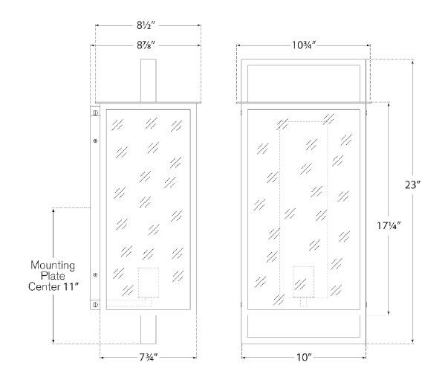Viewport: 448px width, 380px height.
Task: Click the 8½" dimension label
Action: click(146, 25)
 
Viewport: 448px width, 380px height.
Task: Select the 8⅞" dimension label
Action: click(146, 45)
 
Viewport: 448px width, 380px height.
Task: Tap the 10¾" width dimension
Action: click(304, 45)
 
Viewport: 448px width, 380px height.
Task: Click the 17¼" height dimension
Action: click(389, 225)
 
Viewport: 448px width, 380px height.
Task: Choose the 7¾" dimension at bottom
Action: click(149, 357)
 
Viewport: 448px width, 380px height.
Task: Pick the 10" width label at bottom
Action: click(304, 357)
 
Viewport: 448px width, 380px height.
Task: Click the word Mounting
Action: click(53, 265)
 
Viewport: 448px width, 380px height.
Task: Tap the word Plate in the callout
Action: click(53, 276)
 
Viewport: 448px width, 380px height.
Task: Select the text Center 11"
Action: click(53, 286)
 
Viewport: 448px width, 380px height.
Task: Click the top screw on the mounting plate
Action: click(95, 112)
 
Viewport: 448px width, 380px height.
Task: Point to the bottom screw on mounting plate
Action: click(95, 304)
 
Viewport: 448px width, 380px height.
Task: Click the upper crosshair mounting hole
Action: click(95, 141)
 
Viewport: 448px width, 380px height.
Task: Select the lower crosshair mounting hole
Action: click(95, 275)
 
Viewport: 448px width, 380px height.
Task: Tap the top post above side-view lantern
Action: click(149, 80)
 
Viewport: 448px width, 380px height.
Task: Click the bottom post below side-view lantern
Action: click(149, 329)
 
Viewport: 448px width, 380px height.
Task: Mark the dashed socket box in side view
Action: click(149, 283)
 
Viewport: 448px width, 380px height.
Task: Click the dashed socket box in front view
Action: click(304, 282)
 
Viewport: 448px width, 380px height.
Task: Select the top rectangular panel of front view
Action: click(304, 83)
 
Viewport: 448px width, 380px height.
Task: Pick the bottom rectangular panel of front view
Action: click(304, 326)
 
